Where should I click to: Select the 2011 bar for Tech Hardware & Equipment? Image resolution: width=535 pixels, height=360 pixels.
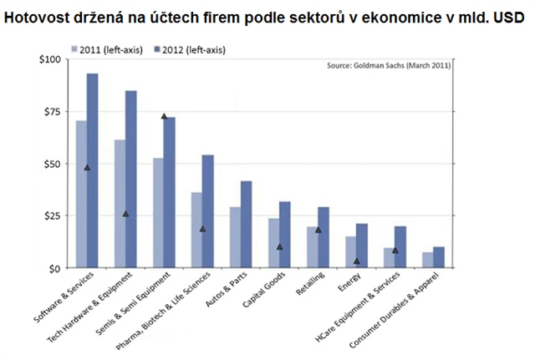(x=120, y=204)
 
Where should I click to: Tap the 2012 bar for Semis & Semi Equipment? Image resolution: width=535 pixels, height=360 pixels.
(x=169, y=192)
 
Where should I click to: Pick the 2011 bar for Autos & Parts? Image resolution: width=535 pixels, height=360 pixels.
(x=235, y=237)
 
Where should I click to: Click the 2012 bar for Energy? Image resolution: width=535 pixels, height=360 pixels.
(x=361, y=246)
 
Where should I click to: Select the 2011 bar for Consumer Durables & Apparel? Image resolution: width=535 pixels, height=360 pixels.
(x=428, y=260)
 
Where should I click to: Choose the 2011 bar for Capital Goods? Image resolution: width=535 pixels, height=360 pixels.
(x=273, y=243)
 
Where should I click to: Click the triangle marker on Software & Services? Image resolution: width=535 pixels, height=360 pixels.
(x=87, y=167)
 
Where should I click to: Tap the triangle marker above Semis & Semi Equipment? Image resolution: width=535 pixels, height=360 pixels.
(x=164, y=116)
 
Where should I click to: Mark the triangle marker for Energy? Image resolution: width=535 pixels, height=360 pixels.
(x=356, y=261)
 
